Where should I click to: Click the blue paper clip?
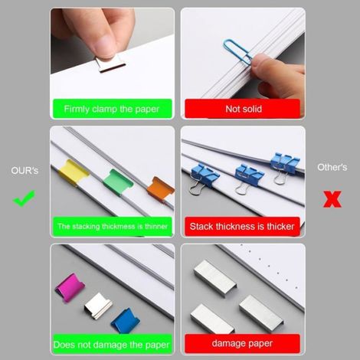[x=238, y=52]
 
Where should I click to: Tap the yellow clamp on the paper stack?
[x=74, y=172]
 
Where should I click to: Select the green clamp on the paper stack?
[x=118, y=182]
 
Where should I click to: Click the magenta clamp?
[x=70, y=287]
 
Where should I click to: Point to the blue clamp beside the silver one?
[x=125, y=320]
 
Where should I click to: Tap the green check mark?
[x=24, y=198]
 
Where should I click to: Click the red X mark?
[x=332, y=199]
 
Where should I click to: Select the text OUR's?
[x=25, y=170]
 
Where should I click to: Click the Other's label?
[x=332, y=167]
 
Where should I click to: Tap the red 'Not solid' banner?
[x=242, y=109]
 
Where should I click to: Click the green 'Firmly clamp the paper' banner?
[x=113, y=109]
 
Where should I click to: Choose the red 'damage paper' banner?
[x=242, y=343]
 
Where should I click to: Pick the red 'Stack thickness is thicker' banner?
[x=242, y=227]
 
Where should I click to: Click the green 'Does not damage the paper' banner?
[x=113, y=344]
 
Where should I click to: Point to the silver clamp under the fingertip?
[x=110, y=64]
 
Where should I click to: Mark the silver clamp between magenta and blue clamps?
[x=98, y=306]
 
